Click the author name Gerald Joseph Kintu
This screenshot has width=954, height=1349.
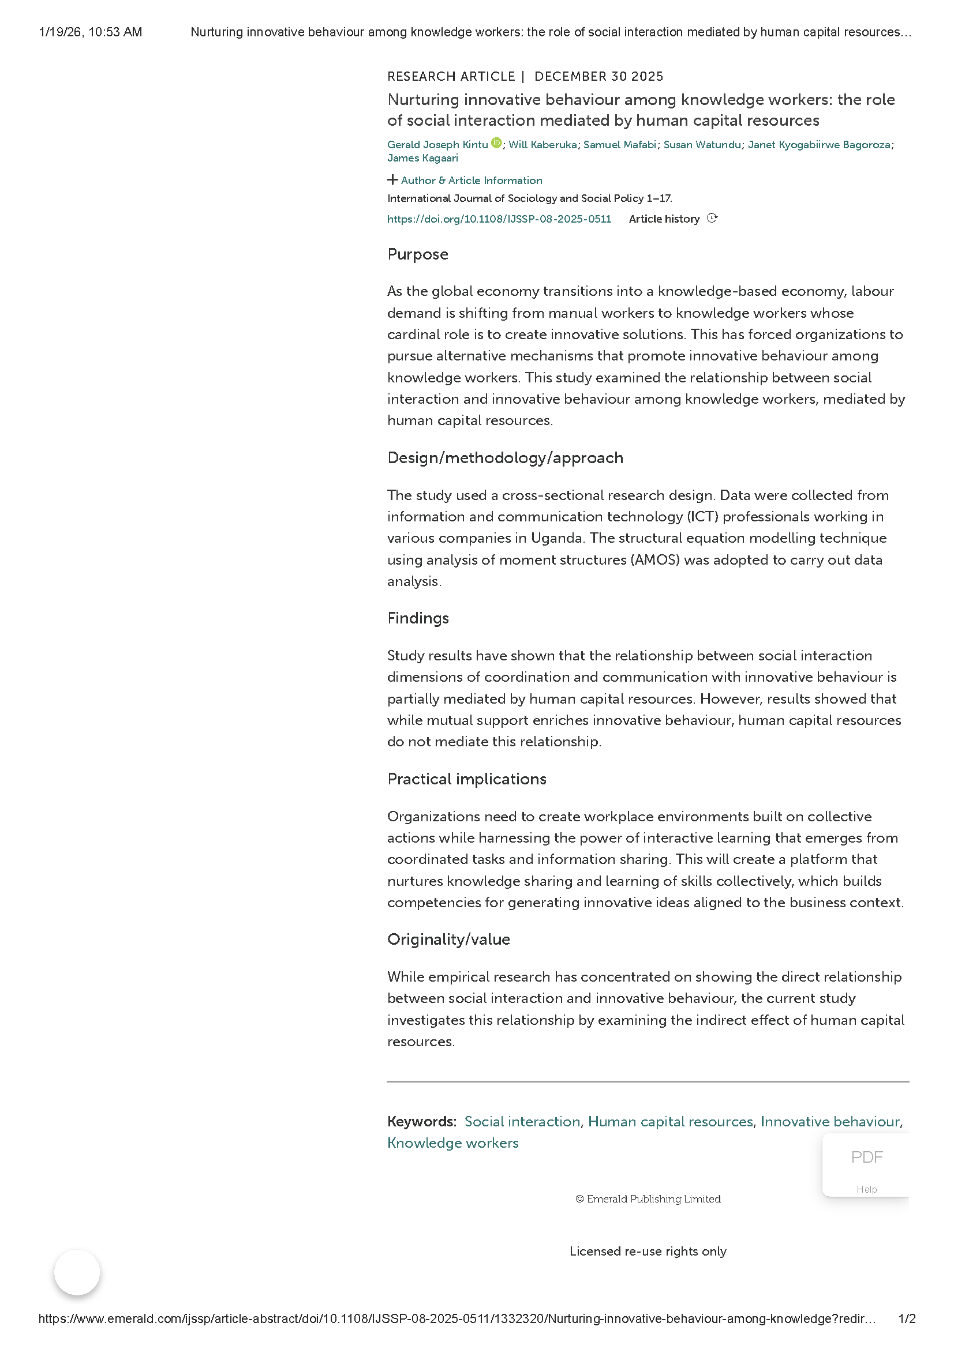pyautogui.click(x=437, y=145)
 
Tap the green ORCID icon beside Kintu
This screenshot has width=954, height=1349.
pyautogui.click(x=496, y=143)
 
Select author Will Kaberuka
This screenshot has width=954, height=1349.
pyautogui.click(x=542, y=145)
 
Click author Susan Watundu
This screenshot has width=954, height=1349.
pyautogui.click(x=702, y=145)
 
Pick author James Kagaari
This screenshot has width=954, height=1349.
pyautogui.click(x=422, y=158)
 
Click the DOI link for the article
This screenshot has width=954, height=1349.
pyautogui.click(x=499, y=219)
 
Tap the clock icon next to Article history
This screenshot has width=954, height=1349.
pyautogui.click(x=712, y=219)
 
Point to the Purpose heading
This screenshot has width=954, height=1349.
pyautogui.click(x=417, y=254)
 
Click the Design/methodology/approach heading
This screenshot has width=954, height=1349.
pyautogui.click(x=505, y=458)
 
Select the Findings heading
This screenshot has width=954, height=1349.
pyautogui.click(x=418, y=618)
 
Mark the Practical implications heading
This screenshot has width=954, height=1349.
pyautogui.click(x=467, y=779)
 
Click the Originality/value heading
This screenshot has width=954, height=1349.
pyautogui.click(x=448, y=940)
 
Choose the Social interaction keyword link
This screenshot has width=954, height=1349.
pyautogui.click(x=522, y=1122)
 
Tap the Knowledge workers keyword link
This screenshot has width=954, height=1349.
pyautogui.click(x=452, y=1143)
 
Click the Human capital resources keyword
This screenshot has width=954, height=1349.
pyautogui.click(x=670, y=1122)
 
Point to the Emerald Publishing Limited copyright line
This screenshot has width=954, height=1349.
pyautogui.click(x=648, y=1199)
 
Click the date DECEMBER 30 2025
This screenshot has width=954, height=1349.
pyautogui.click(x=598, y=76)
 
